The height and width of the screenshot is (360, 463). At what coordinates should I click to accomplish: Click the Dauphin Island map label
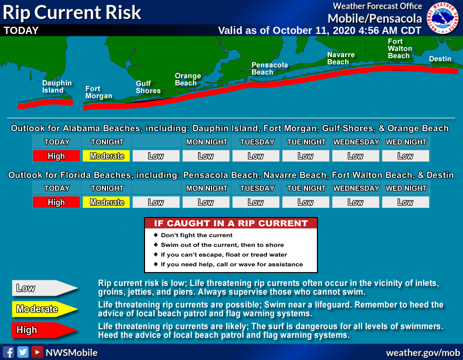[x=57, y=87]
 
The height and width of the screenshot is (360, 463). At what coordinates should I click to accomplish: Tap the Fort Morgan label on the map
[x=99, y=93]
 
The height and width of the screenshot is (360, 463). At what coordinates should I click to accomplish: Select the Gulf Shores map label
[x=148, y=87]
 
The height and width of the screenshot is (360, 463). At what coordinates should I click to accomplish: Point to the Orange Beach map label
[x=188, y=79]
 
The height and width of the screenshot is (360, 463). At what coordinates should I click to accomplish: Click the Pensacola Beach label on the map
[x=269, y=68]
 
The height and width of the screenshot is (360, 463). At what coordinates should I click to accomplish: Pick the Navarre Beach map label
[x=341, y=59]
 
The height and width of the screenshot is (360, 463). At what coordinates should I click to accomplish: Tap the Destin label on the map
[x=440, y=59]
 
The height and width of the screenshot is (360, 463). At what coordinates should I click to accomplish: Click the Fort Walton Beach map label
[x=400, y=49]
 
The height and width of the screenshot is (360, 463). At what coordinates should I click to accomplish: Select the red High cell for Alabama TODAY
[x=56, y=156]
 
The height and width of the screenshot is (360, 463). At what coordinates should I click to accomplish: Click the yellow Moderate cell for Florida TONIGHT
[x=106, y=202]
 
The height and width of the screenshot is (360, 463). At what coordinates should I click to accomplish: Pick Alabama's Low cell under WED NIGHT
[x=405, y=156]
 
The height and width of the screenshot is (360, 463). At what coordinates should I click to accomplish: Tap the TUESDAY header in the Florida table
[x=257, y=188]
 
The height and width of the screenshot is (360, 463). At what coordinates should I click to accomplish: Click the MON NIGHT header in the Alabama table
[x=207, y=142]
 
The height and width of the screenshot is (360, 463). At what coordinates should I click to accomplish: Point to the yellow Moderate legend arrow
[x=45, y=309]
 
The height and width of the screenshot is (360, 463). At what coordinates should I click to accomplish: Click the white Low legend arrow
[x=45, y=288]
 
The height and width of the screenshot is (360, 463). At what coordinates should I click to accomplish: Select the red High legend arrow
[x=45, y=330]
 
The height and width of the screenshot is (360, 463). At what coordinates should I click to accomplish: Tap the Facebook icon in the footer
[x=9, y=352]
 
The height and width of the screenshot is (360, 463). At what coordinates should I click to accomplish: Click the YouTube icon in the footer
[x=37, y=352]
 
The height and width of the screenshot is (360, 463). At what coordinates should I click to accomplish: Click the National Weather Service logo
[x=442, y=18]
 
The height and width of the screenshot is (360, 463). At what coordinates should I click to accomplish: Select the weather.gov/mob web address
[x=423, y=353]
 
